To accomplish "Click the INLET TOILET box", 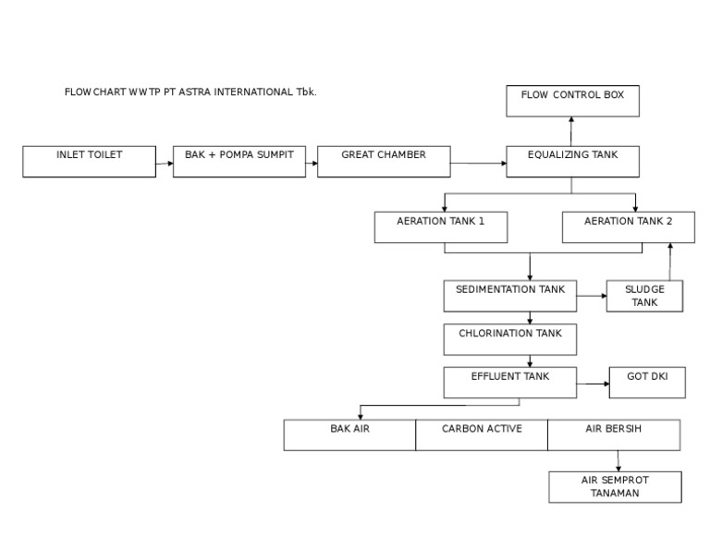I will coord(89,161).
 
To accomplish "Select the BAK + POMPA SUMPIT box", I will coord(239,161).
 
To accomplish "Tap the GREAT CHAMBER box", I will coord(384,161).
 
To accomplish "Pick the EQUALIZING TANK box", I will coord(571,161).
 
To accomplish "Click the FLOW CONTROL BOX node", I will coord(572,101).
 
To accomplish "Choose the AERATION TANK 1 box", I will coord(440,227).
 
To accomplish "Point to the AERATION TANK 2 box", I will coord(629,227).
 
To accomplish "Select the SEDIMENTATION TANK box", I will coord(510,296).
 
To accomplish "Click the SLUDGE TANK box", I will coord(644,296).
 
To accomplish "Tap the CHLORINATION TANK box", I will coord(510,339).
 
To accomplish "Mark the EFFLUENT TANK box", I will coord(510,383).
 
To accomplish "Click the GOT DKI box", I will coord(647,383).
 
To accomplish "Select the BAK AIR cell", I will coord(349,434).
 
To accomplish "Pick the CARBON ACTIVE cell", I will coord(482,434).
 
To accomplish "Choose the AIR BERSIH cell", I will coord(614,434).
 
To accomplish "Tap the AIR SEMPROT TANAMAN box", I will coord(615,487).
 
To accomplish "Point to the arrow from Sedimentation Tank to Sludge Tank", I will coord(592,297).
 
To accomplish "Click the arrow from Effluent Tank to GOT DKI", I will coord(593,383).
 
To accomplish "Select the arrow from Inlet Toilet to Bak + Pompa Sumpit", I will coord(165,165).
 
